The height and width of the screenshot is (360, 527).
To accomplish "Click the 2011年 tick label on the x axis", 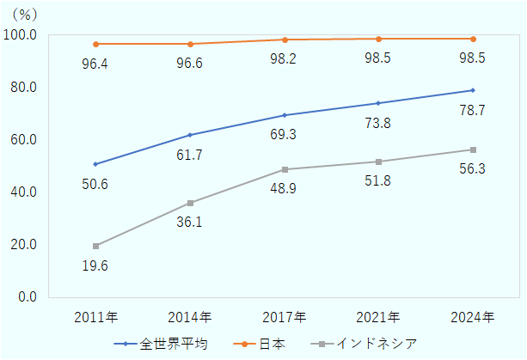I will point(95,318).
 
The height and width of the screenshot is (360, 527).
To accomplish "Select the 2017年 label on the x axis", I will point(284,318).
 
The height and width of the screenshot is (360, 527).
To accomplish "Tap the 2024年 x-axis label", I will point(472,318).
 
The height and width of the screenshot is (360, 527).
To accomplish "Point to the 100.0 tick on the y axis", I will point(21,35).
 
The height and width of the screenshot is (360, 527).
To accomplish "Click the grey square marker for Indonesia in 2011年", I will point(95,246).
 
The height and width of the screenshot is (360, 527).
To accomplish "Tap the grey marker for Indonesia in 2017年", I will point(284,169).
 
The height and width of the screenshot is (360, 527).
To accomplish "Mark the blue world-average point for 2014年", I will point(190,135).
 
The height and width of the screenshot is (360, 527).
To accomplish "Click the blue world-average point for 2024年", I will point(472,90).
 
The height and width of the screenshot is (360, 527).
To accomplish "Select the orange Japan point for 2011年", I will point(95,44).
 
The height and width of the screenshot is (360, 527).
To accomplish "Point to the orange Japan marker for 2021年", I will point(378,39).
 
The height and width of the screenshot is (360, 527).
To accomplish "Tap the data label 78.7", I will point(471,111).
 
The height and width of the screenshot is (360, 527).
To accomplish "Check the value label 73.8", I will point(377,124).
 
